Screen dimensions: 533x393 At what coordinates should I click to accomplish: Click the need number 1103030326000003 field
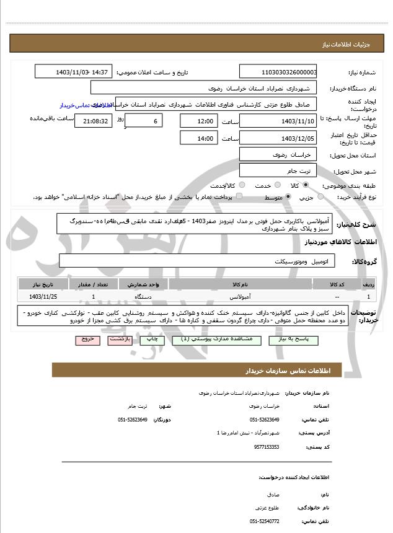[x=278, y=72]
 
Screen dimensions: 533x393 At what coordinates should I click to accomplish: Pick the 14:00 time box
[x=198, y=138]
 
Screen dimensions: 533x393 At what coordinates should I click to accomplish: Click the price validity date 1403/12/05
[x=278, y=138]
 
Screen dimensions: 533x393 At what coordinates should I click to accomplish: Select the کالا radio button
[x=306, y=185]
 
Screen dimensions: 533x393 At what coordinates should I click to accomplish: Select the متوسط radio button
[x=289, y=197]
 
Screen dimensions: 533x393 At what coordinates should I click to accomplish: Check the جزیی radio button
[x=320, y=197]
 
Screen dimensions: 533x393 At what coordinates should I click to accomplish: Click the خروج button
[x=86, y=340]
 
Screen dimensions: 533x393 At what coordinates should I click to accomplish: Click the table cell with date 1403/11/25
[x=43, y=296]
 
